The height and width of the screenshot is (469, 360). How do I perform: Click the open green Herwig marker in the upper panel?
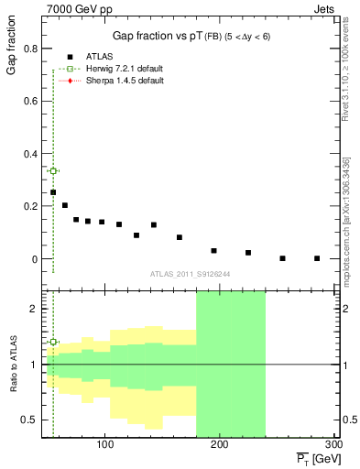pos(53,170)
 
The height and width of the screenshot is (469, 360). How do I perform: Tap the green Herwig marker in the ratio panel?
pos(53,342)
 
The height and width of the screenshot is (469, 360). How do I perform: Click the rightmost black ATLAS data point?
pos(317,258)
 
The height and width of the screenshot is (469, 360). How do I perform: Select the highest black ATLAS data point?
pos(53,192)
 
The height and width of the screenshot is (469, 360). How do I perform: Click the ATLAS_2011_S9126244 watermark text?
pos(190,273)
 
